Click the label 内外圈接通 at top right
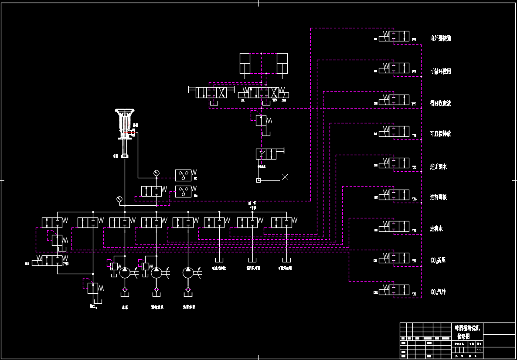pos(440,38)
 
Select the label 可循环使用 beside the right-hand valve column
pos(440,71)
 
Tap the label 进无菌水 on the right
pos(438,166)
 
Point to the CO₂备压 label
pos(438,260)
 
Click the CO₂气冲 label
pos(438,292)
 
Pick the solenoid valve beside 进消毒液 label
pos(394,195)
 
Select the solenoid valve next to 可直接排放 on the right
pos(394,131)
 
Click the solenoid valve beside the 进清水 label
pos(394,227)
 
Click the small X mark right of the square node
pos(285,177)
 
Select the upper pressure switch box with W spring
pos(183,175)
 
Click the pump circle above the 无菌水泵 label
pos(188,272)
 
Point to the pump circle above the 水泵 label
pos(125,272)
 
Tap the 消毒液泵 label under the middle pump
pos(157,307)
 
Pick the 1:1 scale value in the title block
pos(479,350)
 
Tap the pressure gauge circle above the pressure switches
pos(157,173)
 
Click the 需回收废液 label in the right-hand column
pos(440,103)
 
